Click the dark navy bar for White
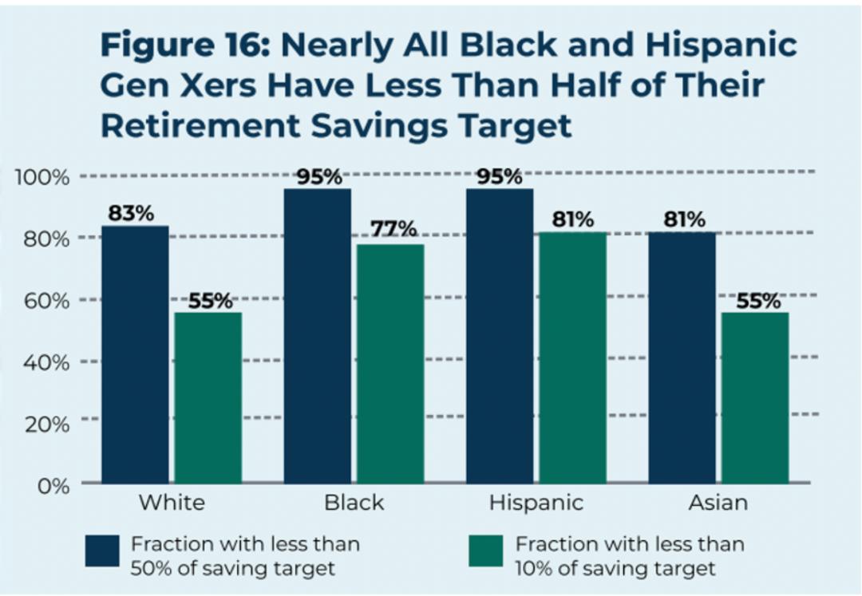pyautogui.click(x=135, y=354)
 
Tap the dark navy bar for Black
pyautogui.click(x=317, y=336)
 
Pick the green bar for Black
pyautogui.click(x=390, y=363)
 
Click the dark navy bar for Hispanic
pyautogui.click(x=500, y=336)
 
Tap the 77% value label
pyautogui.click(x=393, y=229)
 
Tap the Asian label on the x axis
pyautogui.click(x=719, y=503)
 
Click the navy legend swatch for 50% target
pyautogui.click(x=102, y=551)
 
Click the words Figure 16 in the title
pyautogui.click(x=184, y=46)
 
